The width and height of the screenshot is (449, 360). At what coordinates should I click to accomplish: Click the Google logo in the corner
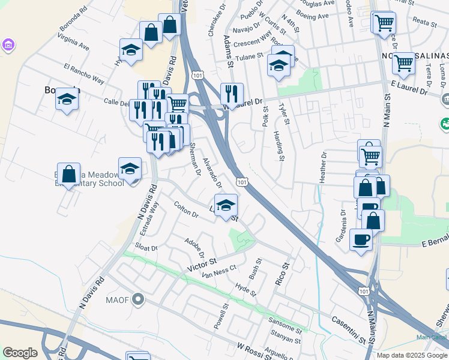(x=20, y=353)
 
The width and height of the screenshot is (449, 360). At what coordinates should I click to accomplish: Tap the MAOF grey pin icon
(x=139, y=299)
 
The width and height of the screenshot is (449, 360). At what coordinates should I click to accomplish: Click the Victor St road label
(x=202, y=263)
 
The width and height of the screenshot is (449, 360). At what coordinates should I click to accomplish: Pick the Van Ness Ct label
(x=220, y=274)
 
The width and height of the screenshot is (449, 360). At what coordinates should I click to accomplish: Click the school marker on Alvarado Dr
(x=225, y=205)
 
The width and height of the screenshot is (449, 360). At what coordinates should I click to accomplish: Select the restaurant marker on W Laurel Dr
(x=231, y=94)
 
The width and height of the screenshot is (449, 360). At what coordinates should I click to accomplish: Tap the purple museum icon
(x=8, y=46)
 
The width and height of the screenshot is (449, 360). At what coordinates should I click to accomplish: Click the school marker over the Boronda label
(x=67, y=100)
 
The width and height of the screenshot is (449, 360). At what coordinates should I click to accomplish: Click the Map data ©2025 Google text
(x=411, y=355)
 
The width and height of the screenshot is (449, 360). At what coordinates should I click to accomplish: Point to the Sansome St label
(x=285, y=326)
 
